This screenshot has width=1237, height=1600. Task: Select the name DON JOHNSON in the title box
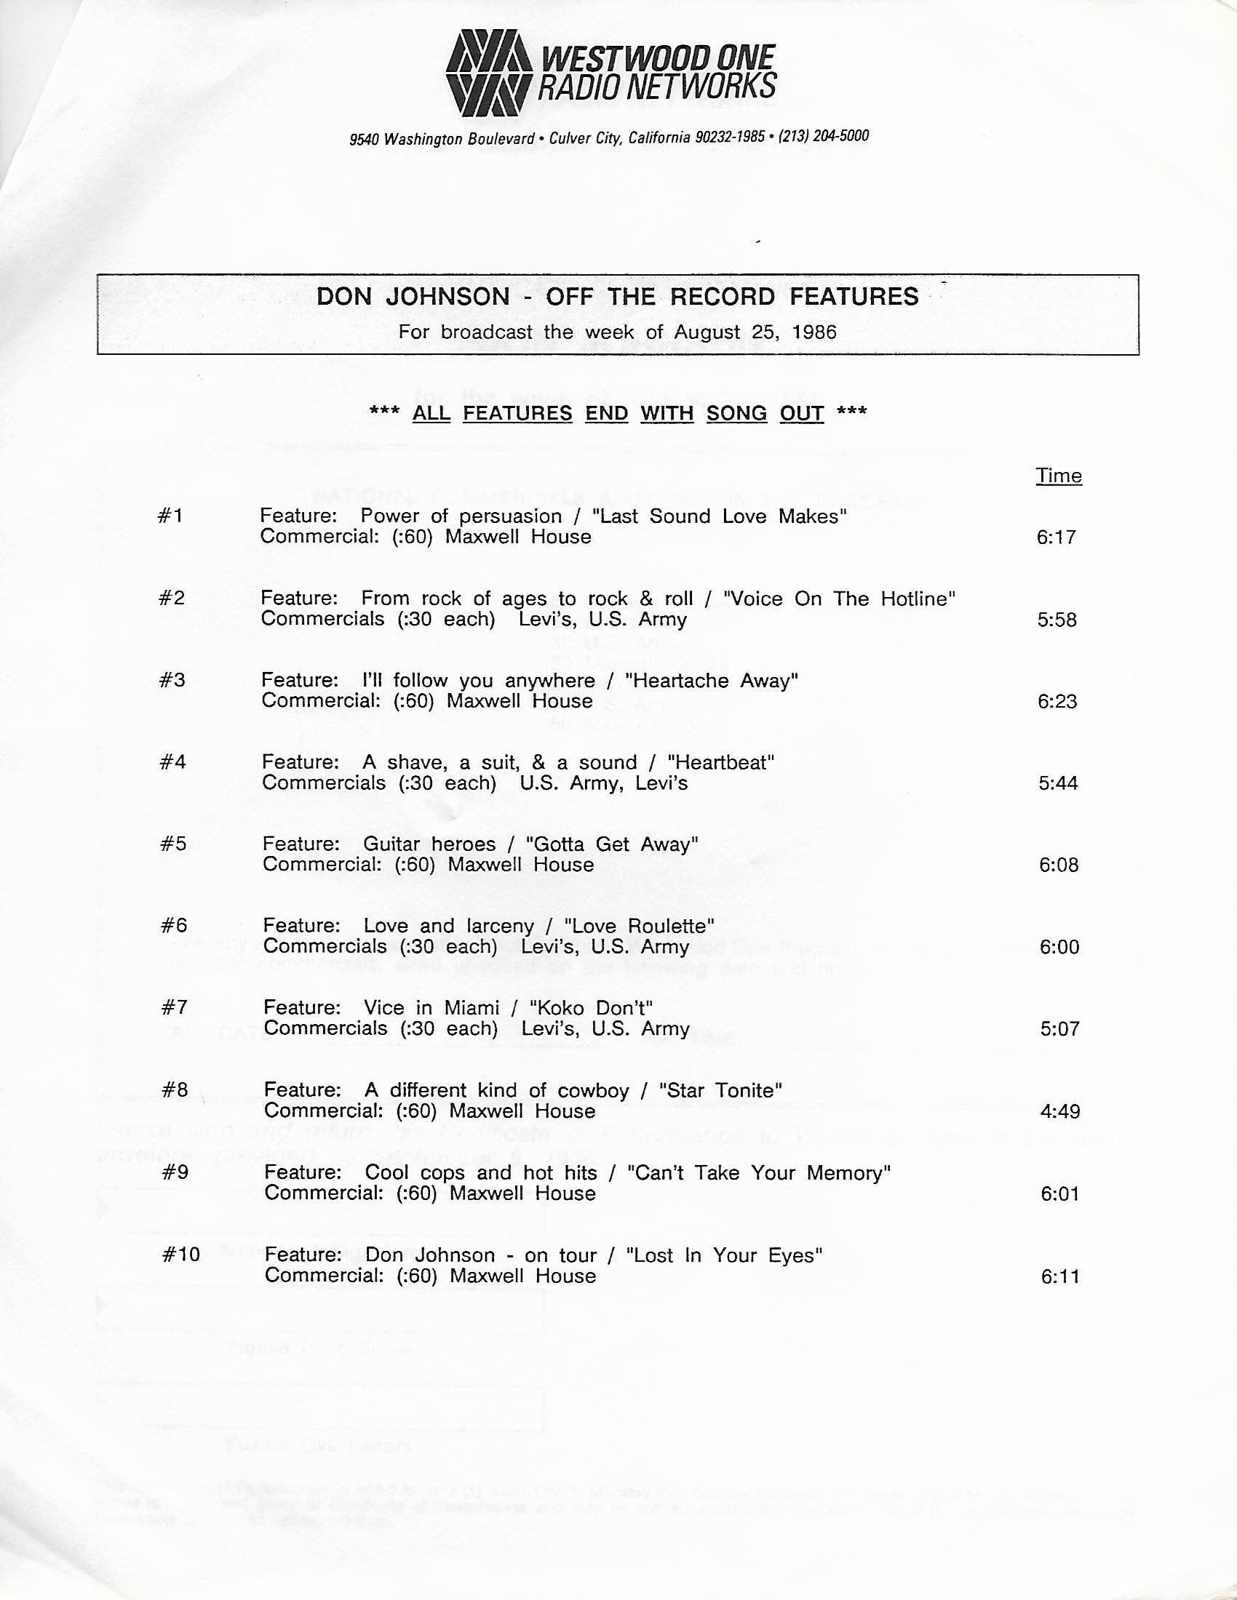point(413,297)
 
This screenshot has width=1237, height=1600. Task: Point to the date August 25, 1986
point(755,332)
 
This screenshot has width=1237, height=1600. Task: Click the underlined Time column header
point(1058,476)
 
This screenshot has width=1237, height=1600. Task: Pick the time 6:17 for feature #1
point(1056,537)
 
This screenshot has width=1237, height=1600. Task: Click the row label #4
point(173,762)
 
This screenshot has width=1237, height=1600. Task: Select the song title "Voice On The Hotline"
point(839,599)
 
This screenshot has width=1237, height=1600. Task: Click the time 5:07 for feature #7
point(1059,1028)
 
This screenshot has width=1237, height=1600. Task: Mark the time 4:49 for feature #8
point(1059,1111)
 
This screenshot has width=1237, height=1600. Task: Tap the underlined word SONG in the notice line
point(736,413)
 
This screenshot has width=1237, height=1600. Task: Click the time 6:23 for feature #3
point(1057,701)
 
